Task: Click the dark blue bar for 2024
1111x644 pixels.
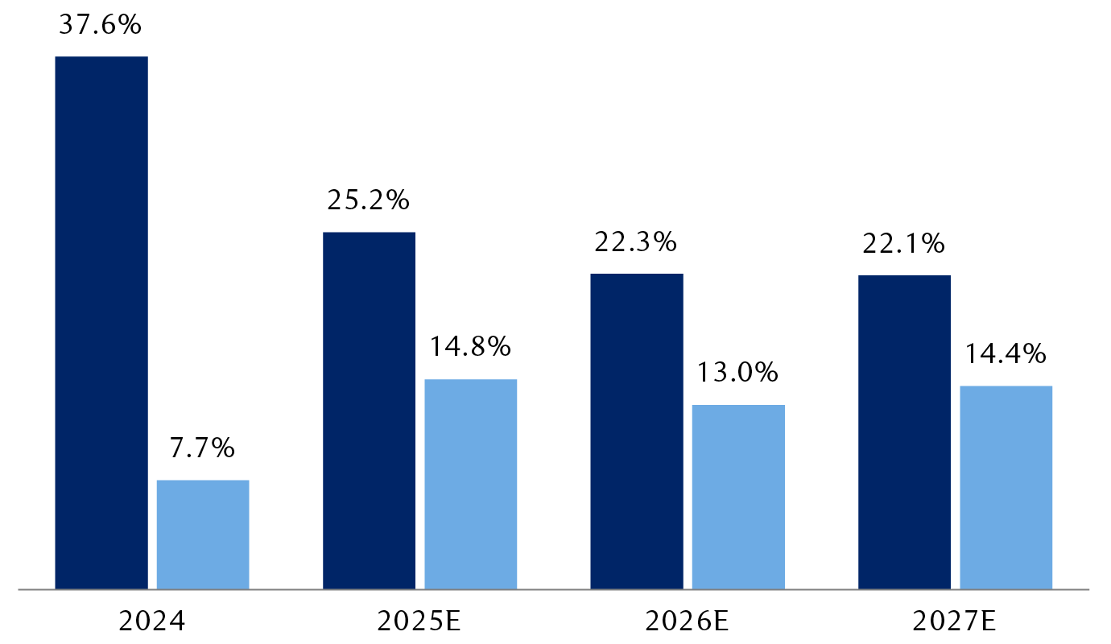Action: click(101, 323)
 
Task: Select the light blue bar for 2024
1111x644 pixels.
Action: click(203, 535)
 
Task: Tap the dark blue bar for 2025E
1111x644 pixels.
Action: click(370, 411)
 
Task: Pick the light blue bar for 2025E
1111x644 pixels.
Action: click(471, 484)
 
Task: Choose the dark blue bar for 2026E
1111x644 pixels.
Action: click(637, 431)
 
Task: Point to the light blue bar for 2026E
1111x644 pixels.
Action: click(738, 497)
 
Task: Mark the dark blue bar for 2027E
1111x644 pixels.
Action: click(904, 432)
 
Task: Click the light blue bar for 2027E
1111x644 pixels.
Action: click(1006, 487)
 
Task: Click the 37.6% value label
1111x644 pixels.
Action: click(101, 25)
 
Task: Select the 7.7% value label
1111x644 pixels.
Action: click(203, 448)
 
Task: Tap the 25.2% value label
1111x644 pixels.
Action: click(369, 200)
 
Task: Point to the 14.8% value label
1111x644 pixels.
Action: click(470, 347)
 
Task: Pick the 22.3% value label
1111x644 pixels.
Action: click(636, 242)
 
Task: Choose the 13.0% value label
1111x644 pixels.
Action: click(738, 373)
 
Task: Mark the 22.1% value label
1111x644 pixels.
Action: click(903, 243)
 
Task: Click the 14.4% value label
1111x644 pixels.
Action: click(1006, 353)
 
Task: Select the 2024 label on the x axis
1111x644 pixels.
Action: click(152, 621)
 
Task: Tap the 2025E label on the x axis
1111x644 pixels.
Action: click(419, 621)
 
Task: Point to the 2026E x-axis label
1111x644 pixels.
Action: click(688, 621)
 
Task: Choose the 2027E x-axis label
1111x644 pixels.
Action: click(955, 621)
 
